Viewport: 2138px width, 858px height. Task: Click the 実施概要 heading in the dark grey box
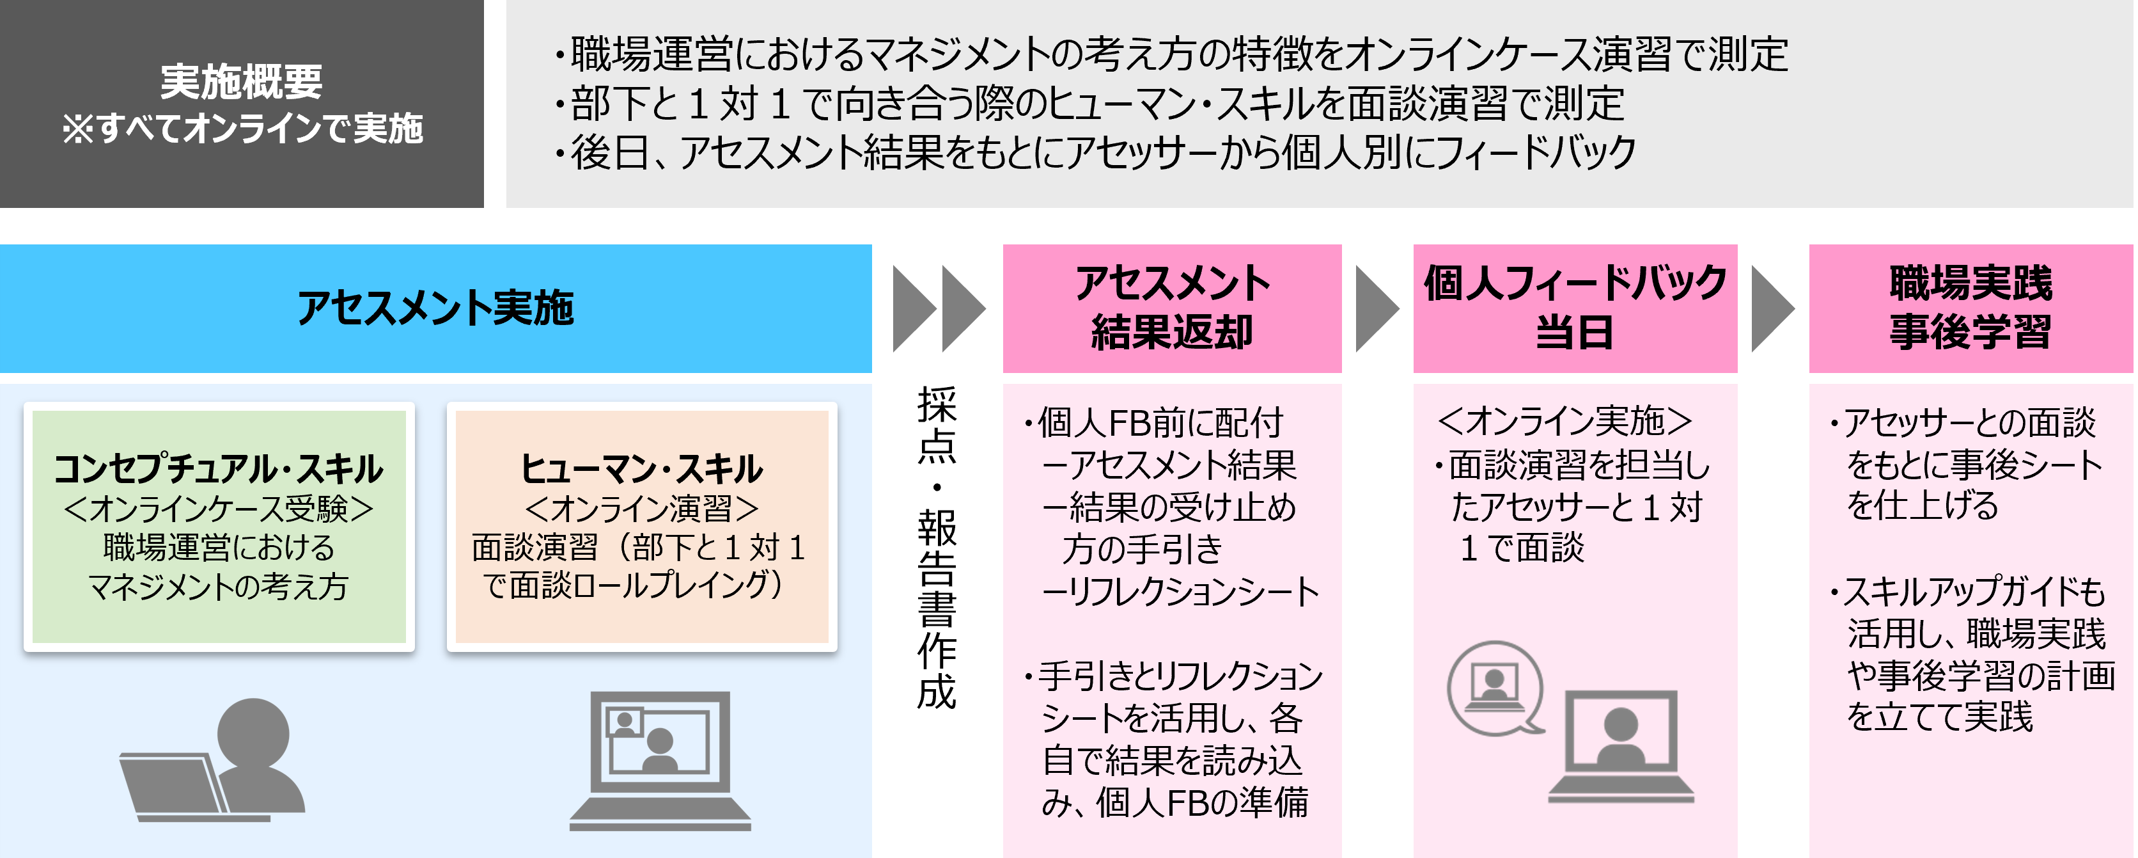click(x=242, y=81)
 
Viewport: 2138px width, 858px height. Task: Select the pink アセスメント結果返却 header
click(x=1172, y=308)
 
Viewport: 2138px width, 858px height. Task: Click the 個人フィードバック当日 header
click(x=1575, y=308)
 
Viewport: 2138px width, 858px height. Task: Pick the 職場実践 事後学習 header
click(x=1971, y=308)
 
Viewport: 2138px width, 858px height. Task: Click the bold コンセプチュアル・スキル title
click(x=218, y=469)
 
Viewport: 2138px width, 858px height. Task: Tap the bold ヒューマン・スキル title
click(x=641, y=469)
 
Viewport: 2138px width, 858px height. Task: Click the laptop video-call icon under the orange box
click(x=660, y=760)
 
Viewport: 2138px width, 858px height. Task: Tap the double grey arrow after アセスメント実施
click(x=939, y=309)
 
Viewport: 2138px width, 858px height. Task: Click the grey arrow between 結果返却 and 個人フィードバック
click(x=1376, y=309)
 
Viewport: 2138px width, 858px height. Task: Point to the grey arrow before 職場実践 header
click(x=1772, y=309)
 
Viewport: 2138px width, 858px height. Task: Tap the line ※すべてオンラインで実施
click(x=242, y=129)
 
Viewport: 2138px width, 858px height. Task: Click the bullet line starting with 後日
click(x=1096, y=152)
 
